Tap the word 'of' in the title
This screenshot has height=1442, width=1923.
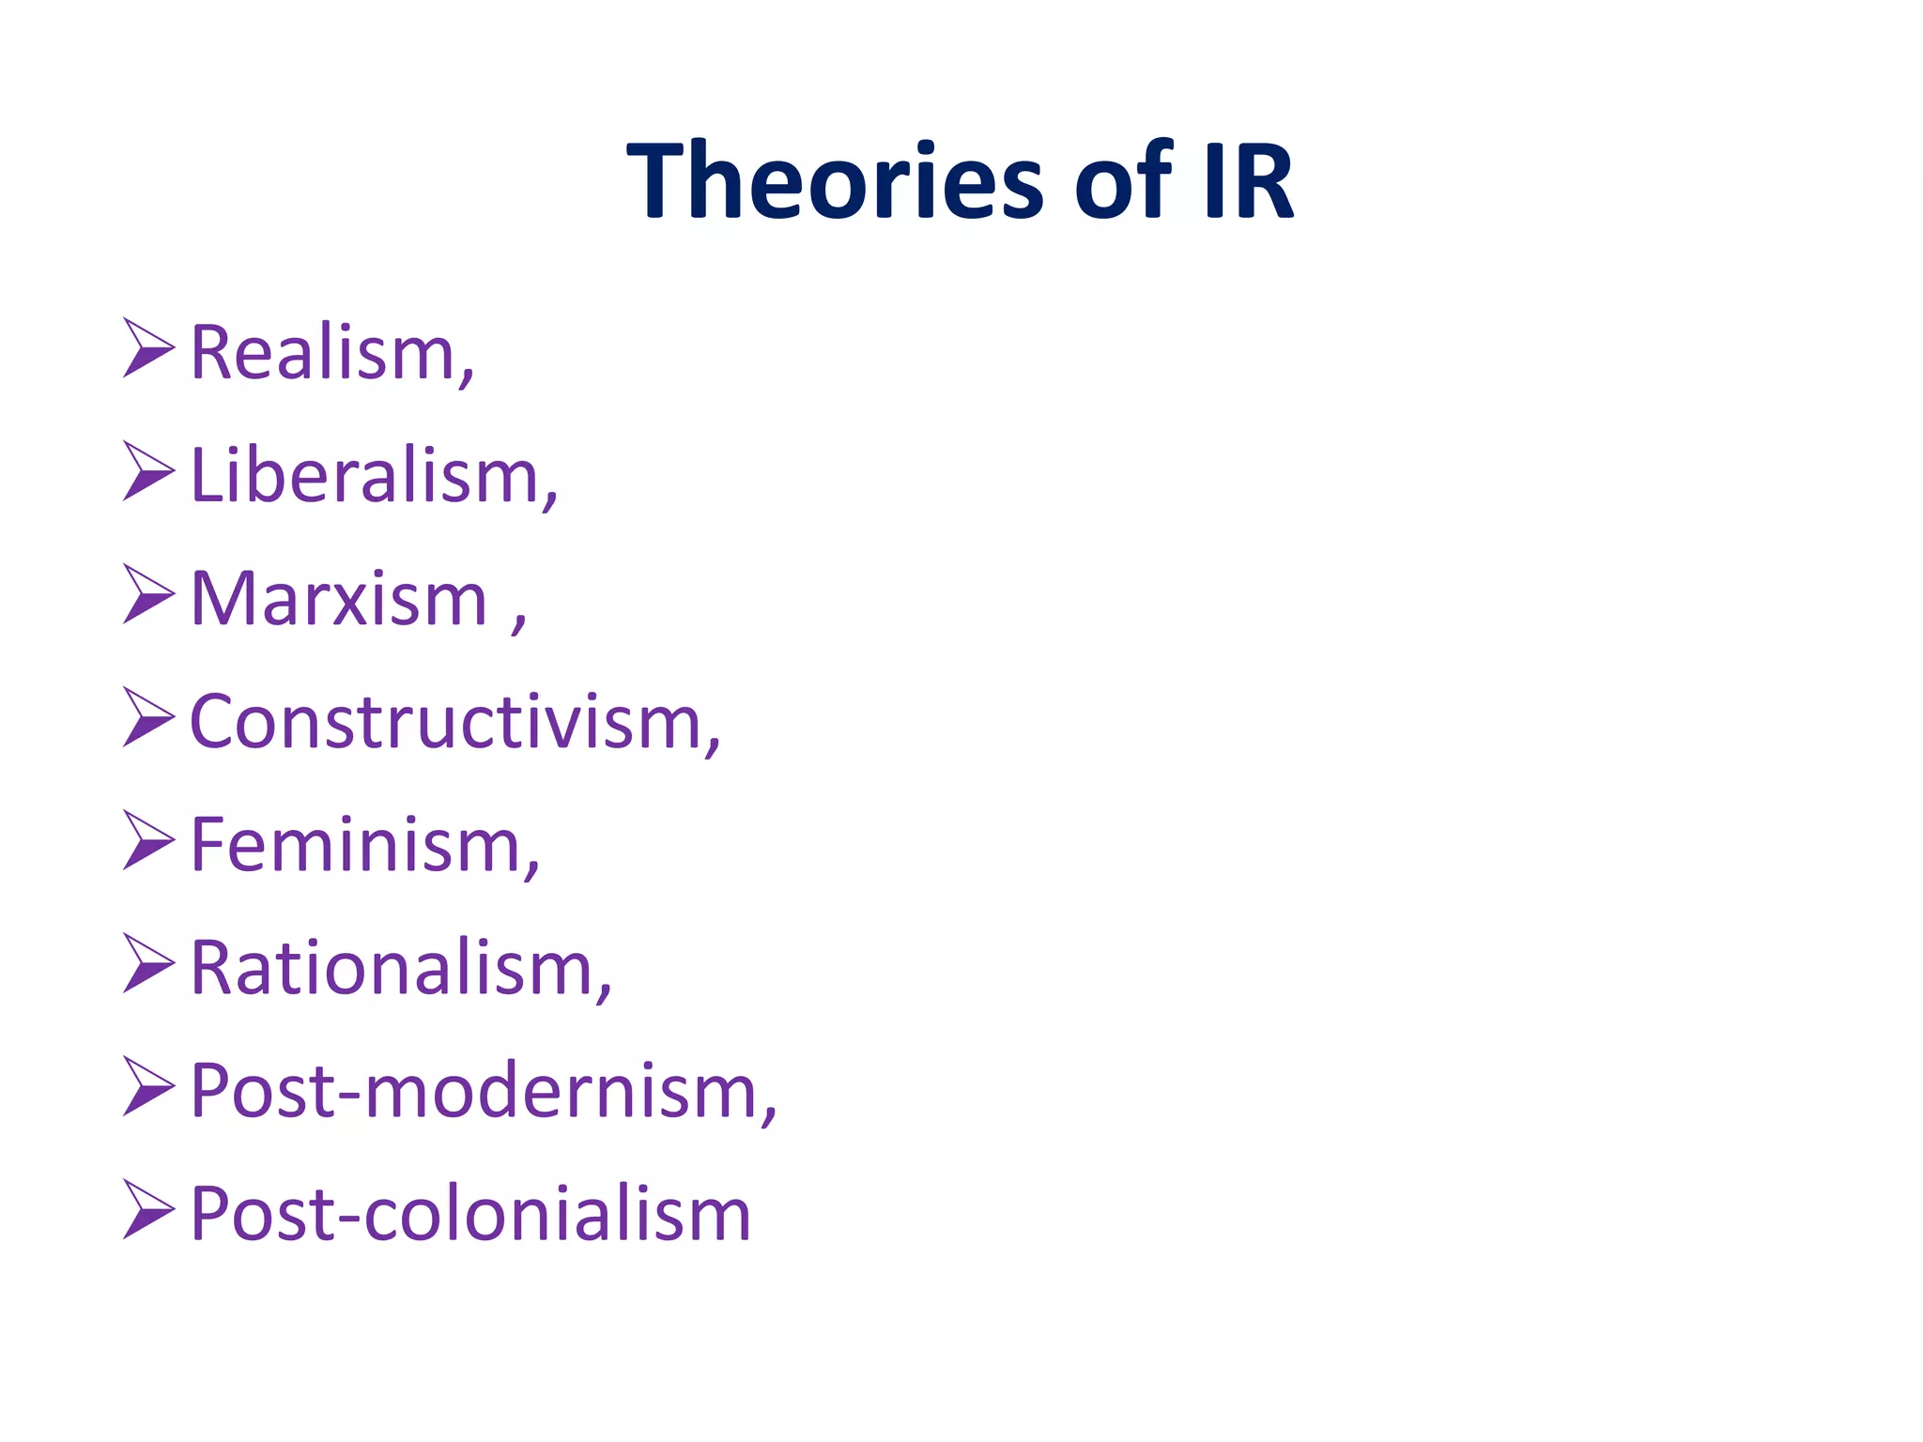(1123, 180)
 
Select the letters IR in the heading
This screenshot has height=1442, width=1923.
(1249, 180)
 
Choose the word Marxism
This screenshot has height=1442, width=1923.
(338, 599)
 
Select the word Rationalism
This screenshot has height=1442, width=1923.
(392, 968)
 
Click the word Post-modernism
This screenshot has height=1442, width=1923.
(475, 1091)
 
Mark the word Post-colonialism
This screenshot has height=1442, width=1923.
(469, 1214)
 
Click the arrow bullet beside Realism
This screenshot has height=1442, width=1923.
(147, 348)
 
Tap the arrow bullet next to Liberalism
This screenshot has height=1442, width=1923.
(147, 471)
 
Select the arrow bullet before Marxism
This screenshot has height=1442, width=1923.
(147, 594)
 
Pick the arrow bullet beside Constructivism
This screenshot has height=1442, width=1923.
(147, 717)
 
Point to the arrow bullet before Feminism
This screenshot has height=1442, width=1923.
(147, 840)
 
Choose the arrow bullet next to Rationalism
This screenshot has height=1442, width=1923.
(147, 963)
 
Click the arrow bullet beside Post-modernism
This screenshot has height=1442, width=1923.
(147, 1086)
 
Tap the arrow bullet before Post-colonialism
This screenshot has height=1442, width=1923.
(147, 1209)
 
